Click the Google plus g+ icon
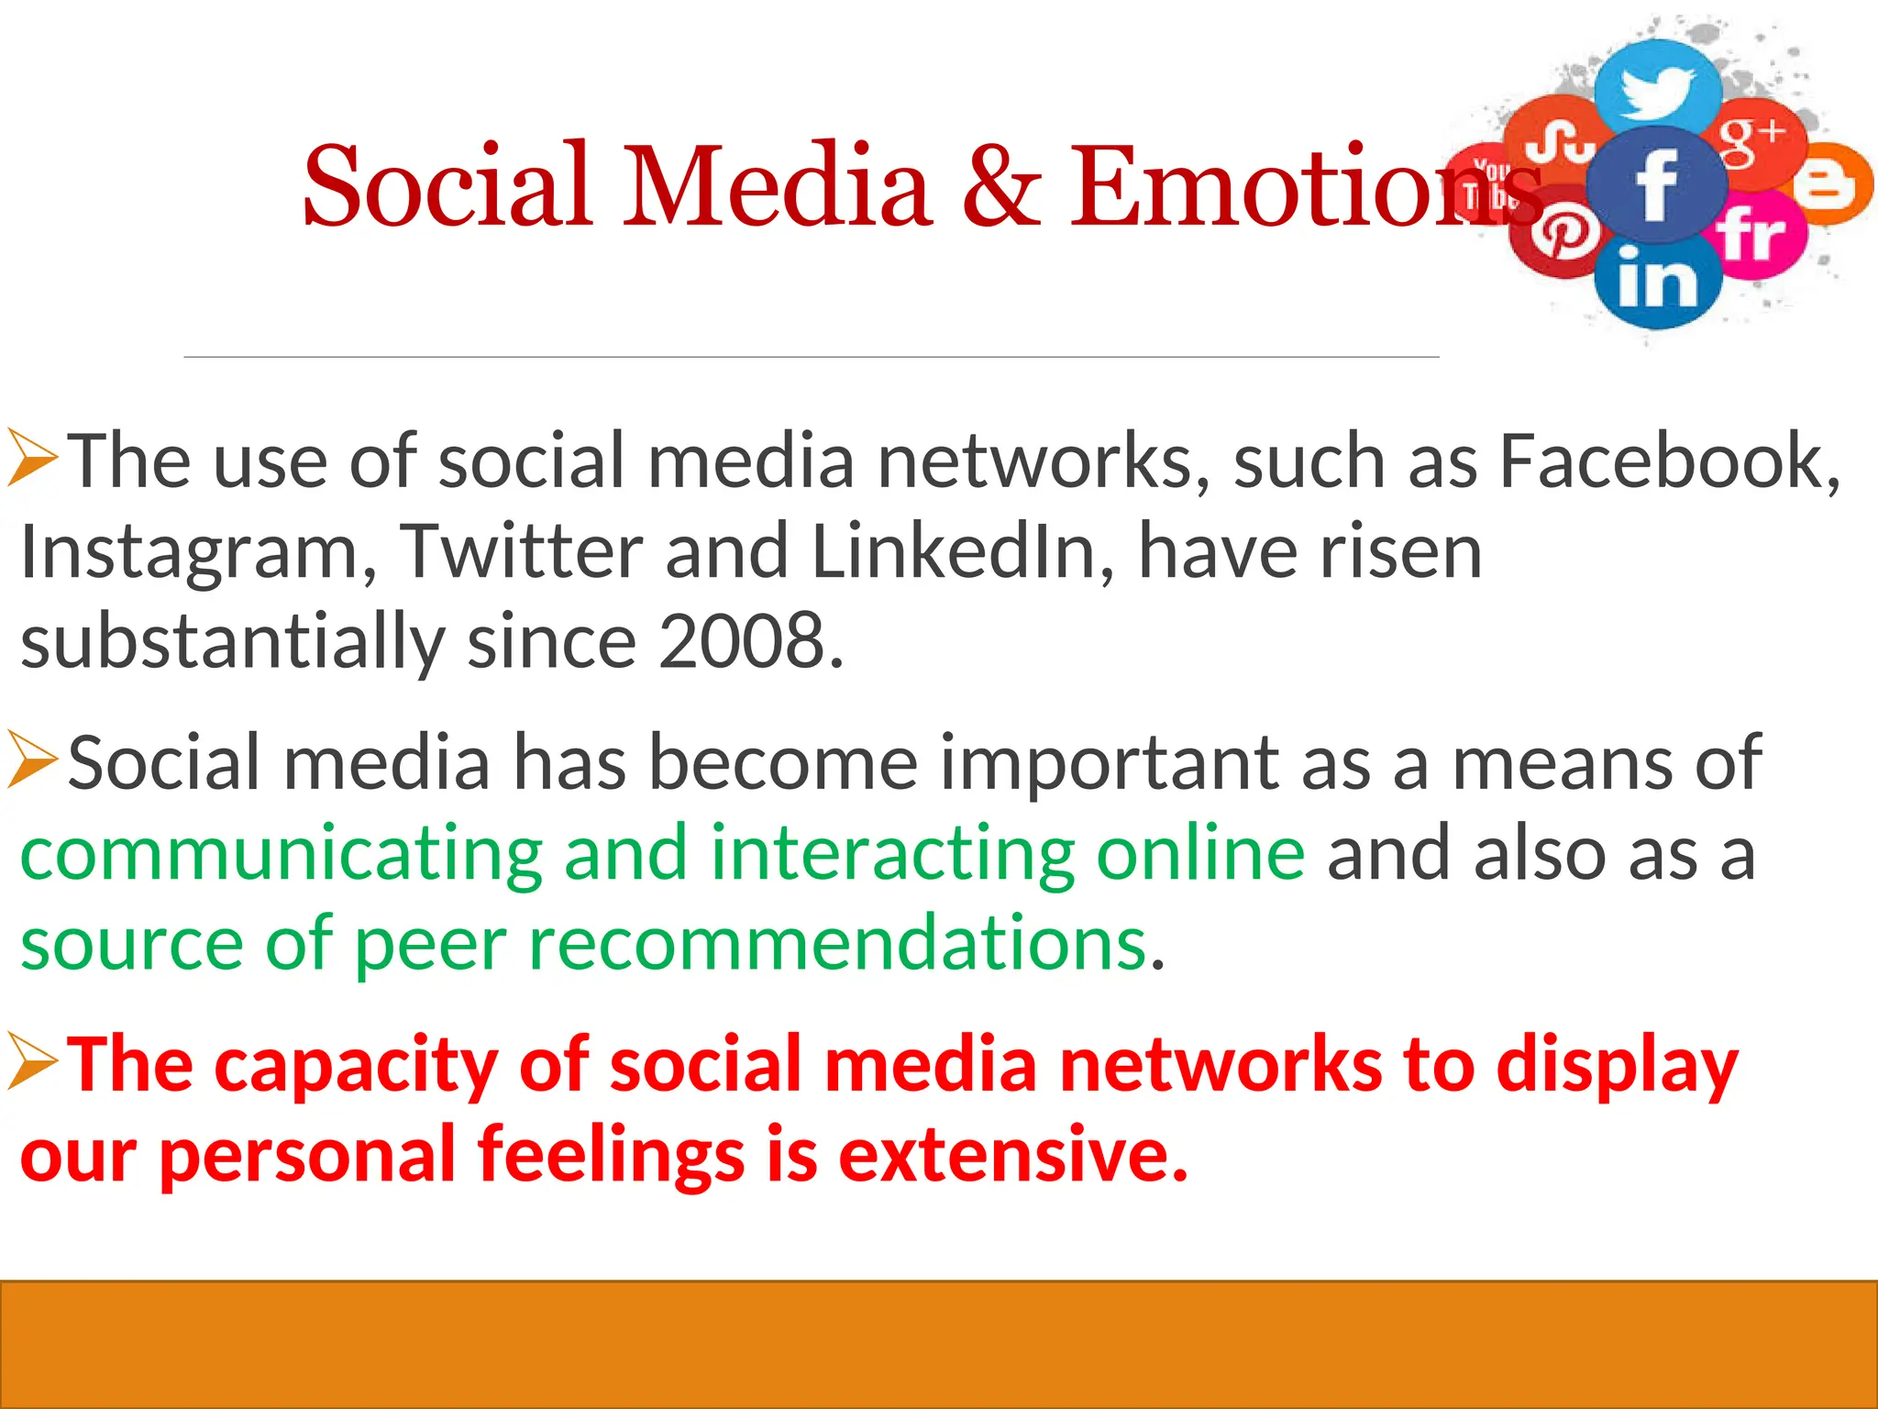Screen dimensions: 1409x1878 [x=1752, y=140]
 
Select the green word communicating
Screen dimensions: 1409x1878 [x=281, y=853]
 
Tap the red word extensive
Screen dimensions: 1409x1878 [x=1012, y=1154]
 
